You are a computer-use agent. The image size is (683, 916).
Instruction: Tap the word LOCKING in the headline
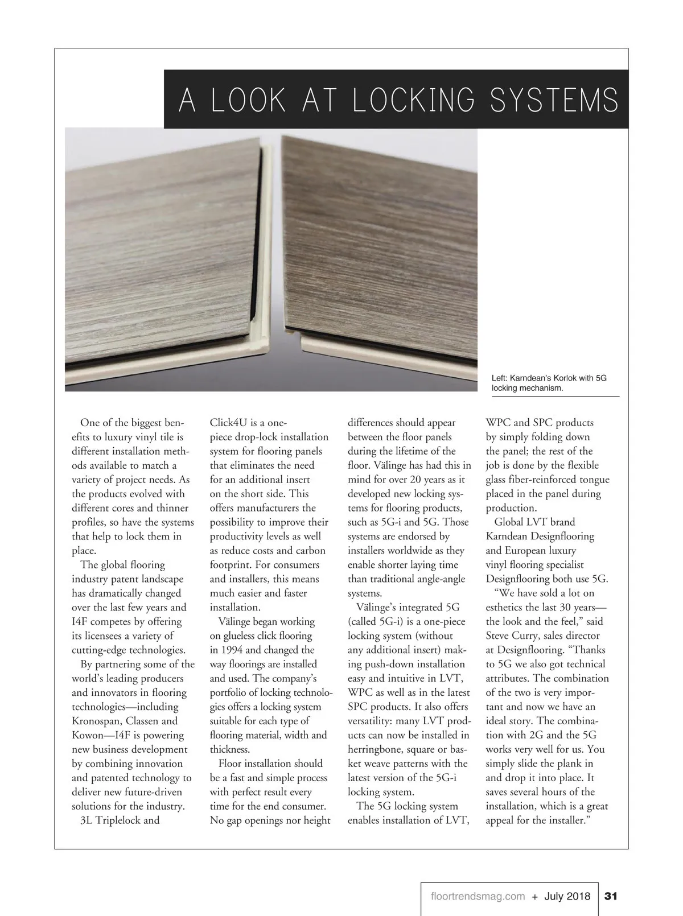click(413, 101)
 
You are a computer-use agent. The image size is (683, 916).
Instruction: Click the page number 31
click(611, 897)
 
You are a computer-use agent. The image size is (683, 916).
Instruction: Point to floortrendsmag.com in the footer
click(478, 897)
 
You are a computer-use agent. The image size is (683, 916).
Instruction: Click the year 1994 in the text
click(233, 650)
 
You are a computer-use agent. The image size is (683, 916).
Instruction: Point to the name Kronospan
click(98, 721)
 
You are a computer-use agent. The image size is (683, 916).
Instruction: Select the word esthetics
click(508, 607)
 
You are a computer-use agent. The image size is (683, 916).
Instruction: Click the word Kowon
click(87, 735)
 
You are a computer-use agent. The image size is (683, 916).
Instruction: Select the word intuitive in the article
click(413, 678)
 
